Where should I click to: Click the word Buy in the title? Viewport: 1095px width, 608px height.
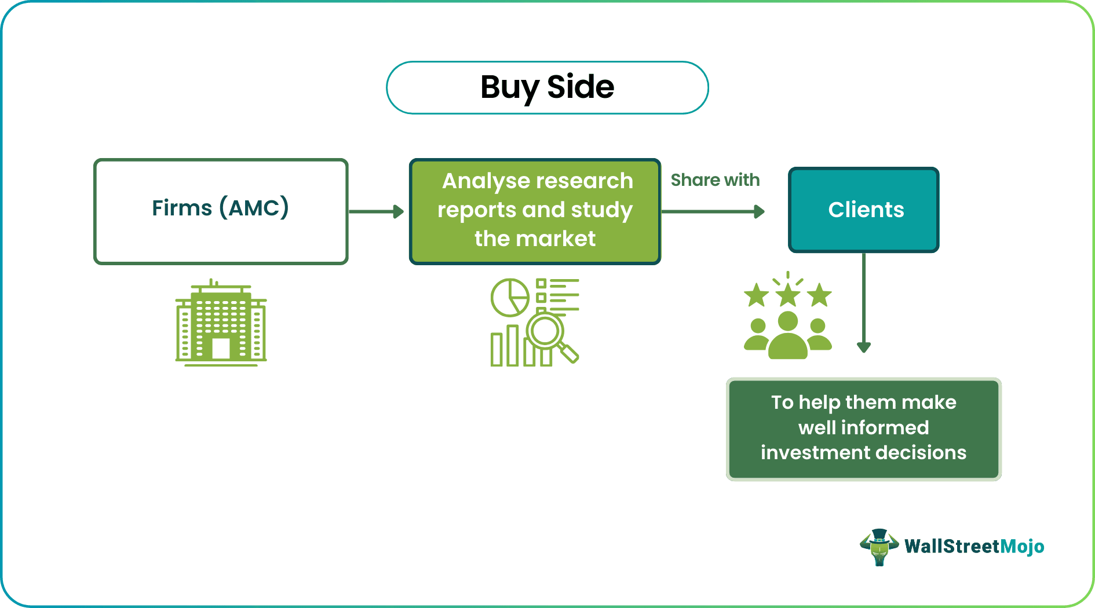coord(509,87)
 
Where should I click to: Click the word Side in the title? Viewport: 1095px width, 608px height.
coord(581,87)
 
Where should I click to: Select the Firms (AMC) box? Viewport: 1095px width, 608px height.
coord(221,211)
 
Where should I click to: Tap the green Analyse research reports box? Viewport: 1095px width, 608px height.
coord(535,211)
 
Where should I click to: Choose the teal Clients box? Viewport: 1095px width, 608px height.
coord(863,210)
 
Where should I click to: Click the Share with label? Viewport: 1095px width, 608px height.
coord(715,180)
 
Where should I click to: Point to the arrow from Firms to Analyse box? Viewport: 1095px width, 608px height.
coord(377,211)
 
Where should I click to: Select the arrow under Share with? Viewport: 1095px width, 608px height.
coord(713,211)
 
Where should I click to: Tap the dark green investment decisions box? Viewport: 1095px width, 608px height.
coord(863,428)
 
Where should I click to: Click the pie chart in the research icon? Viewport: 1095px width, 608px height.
coord(509,298)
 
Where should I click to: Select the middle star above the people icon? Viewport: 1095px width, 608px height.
coord(788,295)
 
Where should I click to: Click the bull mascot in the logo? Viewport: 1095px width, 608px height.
coord(879,547)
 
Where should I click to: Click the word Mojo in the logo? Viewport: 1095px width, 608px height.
coord(1023,546)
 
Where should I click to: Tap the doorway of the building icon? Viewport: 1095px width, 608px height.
coord(221,348)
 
